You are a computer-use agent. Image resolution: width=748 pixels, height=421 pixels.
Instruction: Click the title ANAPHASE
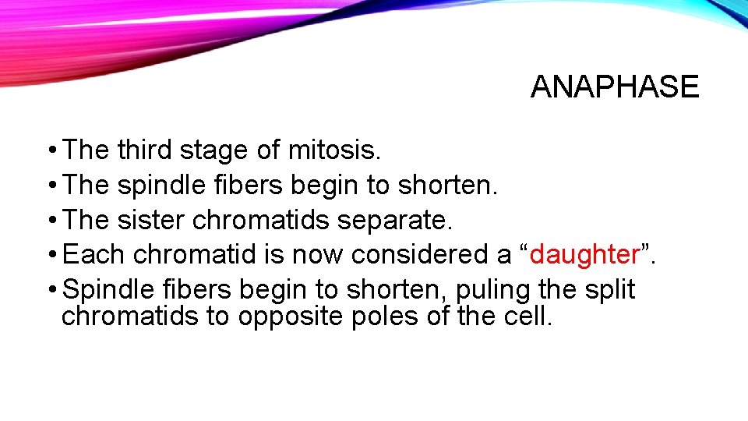point(615,87)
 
